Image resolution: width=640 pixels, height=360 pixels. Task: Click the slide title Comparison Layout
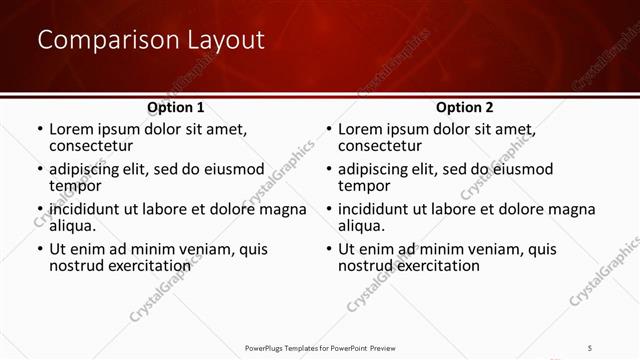pos(151,40)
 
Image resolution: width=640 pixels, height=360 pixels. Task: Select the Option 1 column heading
pos(176,107)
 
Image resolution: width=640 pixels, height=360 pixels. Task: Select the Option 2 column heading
pos(465,107)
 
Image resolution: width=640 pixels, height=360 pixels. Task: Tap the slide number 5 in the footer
pos(591,347)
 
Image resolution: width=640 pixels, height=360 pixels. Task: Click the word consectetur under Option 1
pos(91,146)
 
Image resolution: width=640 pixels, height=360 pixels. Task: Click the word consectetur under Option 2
pos(380,146)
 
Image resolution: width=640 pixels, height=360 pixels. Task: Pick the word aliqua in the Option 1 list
pos(74,226)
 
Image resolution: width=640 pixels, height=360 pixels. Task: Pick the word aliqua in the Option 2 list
pos(363,226)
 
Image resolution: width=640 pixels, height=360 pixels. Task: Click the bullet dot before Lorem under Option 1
pos(39,130)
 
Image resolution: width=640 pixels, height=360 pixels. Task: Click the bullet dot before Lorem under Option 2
pos(328,130)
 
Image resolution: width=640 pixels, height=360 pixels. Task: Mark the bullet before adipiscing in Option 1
pos(39,170)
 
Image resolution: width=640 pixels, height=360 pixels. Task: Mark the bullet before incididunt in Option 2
pos(328,210)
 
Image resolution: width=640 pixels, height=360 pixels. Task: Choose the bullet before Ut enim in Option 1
pos(39,250)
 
